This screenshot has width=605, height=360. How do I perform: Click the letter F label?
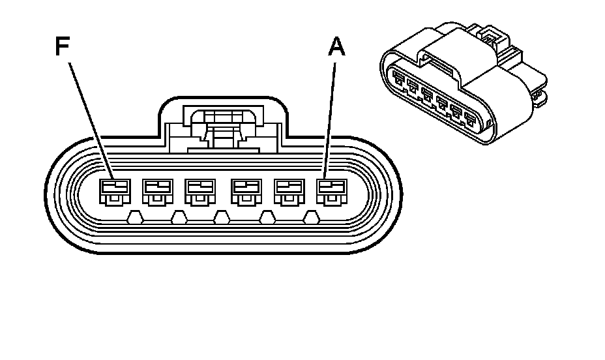point(62,48)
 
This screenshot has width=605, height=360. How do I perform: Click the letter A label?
point(336,47)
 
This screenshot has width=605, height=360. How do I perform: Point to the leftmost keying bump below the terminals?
point(134,218)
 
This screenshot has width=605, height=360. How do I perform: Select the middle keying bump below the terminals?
point(222,218)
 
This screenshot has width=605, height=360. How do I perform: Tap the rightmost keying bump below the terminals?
point(312,218)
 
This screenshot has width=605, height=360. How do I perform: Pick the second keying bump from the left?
point(178,218)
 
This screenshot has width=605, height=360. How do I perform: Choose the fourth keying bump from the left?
point(267,218)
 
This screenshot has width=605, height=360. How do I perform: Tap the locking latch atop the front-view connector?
point(222,127)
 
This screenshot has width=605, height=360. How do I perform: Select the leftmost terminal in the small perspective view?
point(398,80)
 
